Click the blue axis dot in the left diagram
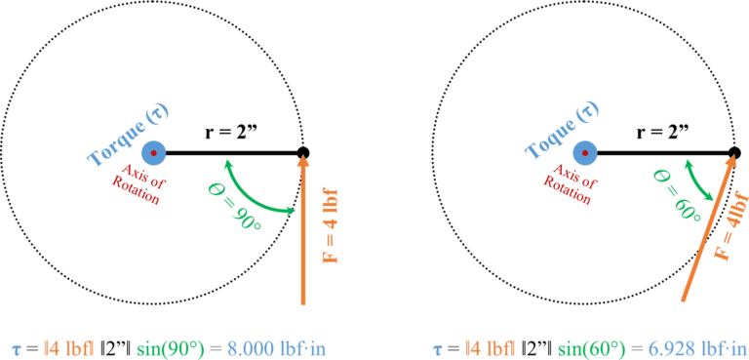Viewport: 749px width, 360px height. pos(153,153)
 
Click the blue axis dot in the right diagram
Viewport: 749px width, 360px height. pos(584,153)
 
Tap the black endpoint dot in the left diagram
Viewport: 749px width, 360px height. pos(302,152)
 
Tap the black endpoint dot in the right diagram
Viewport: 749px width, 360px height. pos(733,152)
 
